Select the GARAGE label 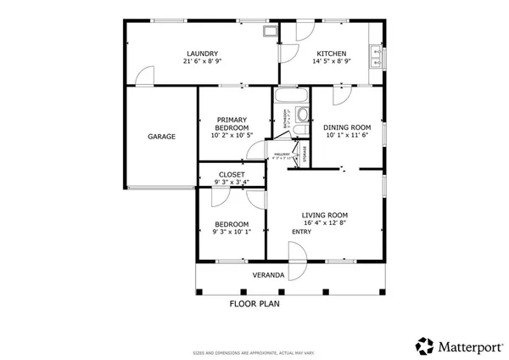[x=161, y=137]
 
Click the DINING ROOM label [x=347, y=127]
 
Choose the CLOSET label [x=231, y=174]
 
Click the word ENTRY [x=302, y=232]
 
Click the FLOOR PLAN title [x=255, y=303]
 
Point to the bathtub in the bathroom [x=290, y=95]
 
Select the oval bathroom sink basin [x=305, y=117]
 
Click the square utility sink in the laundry [x=270, y=33]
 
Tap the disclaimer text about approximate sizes [x=254, y=350]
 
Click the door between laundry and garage [x=146, y=77]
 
